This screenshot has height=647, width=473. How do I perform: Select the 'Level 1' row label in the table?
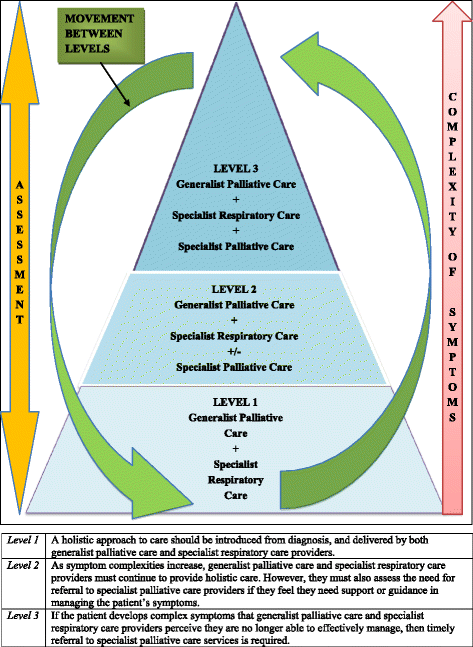click(x=22, y=540)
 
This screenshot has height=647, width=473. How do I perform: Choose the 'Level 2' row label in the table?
click(x=22, y=565)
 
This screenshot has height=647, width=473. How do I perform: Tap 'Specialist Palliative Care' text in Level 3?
click(x=237, y=245)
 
